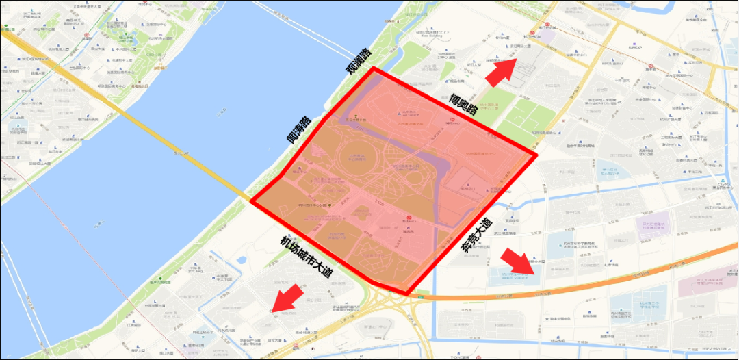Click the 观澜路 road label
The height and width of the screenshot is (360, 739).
coord(359,62)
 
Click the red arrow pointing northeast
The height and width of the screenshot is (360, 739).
coord(501,70)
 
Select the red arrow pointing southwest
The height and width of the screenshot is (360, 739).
coord(289,298)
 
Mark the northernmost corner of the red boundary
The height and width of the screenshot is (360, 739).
coord(372,68)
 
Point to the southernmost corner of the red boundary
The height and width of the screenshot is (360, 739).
coord(409,294)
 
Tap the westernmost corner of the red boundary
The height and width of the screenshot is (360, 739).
coord(252,202)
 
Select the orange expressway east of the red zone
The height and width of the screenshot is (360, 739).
coord(588,274)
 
